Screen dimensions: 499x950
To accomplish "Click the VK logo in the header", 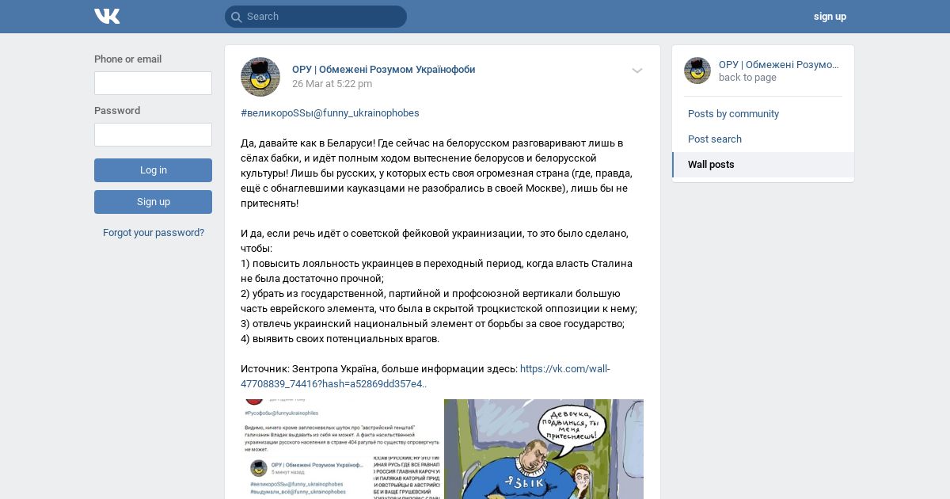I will pyautogui.click(x=107, y=16).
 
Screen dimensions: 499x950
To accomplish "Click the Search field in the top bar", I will pyautogui.click(x=317, y=17).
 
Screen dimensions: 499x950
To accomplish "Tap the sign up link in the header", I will pyautogui.click(x=829, y=17).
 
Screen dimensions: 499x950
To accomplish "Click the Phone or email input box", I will pyautogui.click(x=153, y=83).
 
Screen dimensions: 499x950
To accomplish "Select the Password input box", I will pyautogui.click(x=153, y=135).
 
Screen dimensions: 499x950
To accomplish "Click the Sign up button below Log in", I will pyautogui.click(x=153, y=202).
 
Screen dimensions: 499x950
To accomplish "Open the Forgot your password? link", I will pyautogui.click(x=154, y=233).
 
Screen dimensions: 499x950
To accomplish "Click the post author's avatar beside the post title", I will pyautogui.click(x=260, y=77).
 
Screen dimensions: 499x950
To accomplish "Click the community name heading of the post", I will pyautogui.click(x=384, y=70).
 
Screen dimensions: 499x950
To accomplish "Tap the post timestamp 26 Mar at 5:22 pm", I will pyautogui.click(x=332, y=84).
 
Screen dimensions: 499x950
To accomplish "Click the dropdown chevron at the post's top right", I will pyautogui.click(x=637, y=70).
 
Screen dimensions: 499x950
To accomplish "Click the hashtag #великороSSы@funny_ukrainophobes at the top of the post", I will pyautogui.click(x=330, y=113).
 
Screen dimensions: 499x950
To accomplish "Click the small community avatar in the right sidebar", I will pyautogui.click(x=697, y=70).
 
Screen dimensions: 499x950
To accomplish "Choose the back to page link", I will pyautogui.click(x=747, y=78).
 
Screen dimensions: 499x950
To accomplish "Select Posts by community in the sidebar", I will pyautogui.click(x=733, y=114).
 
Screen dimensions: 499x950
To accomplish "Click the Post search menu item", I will pyautogui.click(x=715, y=139).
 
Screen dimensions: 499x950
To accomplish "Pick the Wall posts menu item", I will pyautogui.click(x=711, y=165).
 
